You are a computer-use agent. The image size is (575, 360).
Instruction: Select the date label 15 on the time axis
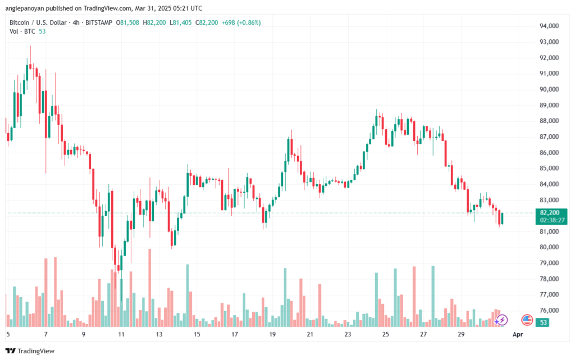[197, 334]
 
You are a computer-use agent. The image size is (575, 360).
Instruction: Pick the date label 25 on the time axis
[386, 334]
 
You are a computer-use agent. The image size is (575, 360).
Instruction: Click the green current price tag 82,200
[549, 213]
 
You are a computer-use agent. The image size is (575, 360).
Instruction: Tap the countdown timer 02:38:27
[549, 221]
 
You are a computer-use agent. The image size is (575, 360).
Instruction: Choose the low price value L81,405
[181, 22]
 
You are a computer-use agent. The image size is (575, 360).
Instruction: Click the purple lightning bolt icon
[502, 320]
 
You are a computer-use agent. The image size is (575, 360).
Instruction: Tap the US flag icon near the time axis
[527, 320]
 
